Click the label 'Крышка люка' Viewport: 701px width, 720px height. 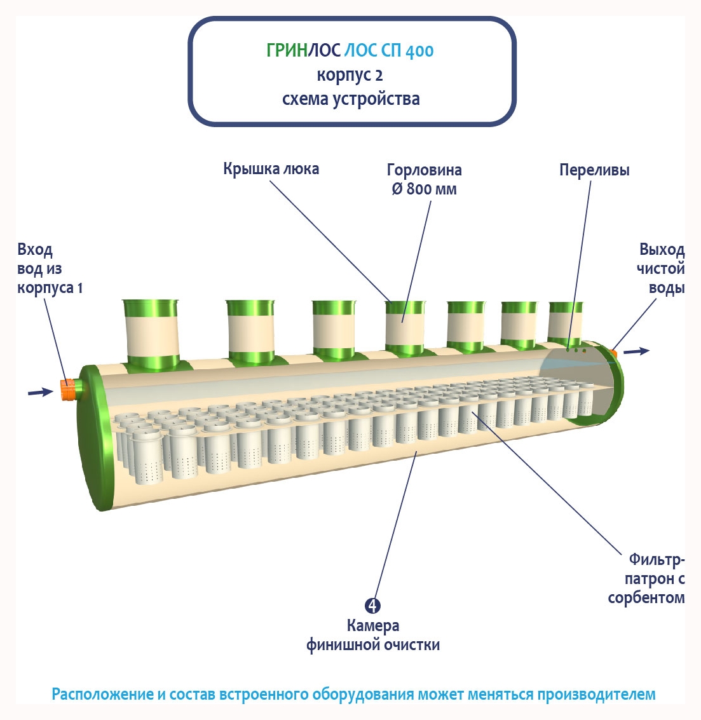(x=271, y=169)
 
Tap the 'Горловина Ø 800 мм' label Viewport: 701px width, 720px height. (x=424, y=179)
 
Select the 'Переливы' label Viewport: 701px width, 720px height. (x=594, y=170)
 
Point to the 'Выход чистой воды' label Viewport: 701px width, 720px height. (x=661, y=268)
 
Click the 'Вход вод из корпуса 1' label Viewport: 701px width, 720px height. (x=50, y=269)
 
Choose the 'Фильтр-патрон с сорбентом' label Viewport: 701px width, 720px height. (x=647, y=578)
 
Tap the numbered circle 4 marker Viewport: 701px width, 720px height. (x=372, y=606)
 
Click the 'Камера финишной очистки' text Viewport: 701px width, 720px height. (x=373, y=635)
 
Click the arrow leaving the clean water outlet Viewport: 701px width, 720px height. (x=636, y=351)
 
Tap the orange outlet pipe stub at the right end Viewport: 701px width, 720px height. (x=614, y=350)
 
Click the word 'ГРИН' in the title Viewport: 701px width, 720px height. (x=287, y=51)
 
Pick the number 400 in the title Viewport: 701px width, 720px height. (x=419, y=51)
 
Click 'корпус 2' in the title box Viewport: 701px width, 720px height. (x=350, y=75)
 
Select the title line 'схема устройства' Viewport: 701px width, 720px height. (x=351, y=99)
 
